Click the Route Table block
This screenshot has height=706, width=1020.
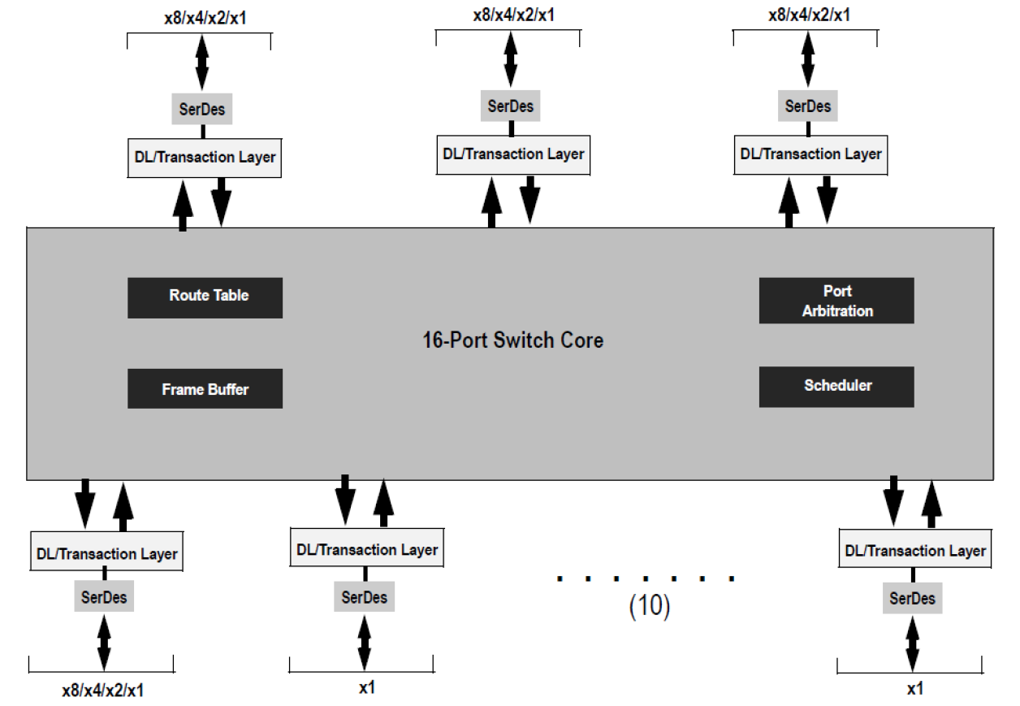click(205, 297)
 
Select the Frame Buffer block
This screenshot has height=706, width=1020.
click(205, 389)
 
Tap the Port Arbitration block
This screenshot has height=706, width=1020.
click(836, 301)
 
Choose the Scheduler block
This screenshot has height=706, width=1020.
click(836, 386)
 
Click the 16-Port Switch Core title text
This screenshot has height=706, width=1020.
click(512, 340)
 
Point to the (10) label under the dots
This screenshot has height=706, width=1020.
click(650, 607)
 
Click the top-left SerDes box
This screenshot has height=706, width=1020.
click(202, 109)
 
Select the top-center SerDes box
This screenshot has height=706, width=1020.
click(511, 106)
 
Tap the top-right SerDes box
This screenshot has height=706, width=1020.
click(808, 106)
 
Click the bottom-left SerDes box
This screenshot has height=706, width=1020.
click(104, 598)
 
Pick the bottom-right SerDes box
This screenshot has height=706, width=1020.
click(912, 599)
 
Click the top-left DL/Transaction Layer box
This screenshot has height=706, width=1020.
click(205, 158)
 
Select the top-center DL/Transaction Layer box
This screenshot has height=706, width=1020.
click(512, 154)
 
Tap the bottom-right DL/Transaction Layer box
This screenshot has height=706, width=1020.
click(914, 551)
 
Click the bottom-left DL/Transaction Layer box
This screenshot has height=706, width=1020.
click(106, 554)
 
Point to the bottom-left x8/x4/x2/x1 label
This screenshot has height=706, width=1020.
click(102, 691)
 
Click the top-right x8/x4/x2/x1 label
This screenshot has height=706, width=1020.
click(810, 15)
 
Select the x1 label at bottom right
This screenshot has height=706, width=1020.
click(914, 689)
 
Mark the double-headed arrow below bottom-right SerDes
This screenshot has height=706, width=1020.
click(912, 643)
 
